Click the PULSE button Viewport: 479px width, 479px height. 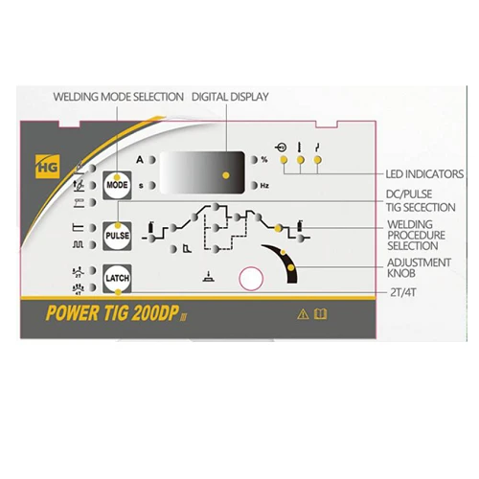pyautogui.click(x=117, y=236)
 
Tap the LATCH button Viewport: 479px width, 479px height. pyautogui.click(x=117, y=278)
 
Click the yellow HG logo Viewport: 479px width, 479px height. pyautogui.click(x=48, y=167)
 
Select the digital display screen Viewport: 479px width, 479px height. pyautogui.click(x=202, y=172)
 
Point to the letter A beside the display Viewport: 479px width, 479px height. pyautogui.click(x=140, y=160)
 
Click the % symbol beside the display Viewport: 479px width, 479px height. pyautogui.click(x=264, y=160)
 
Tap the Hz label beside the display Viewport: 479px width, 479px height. pyautogui.click(x=264, y=186)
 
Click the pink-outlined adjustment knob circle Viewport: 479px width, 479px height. pyautogui.click(x=251, y=279)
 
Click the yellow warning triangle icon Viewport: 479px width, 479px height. pyautogui.click(x=303, y=314)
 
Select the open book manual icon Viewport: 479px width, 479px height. pyautogui.click(x=320, y=314)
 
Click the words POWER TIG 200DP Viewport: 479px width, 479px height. pyautogui.click(x=112, y=313)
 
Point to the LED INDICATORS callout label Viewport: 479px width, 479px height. pyautogui.click(x=424, y=174)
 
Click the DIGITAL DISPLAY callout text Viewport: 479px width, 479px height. pyautogui.click(x=230, y=97)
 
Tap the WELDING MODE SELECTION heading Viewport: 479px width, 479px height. pyautogui.click(x=118, y=97)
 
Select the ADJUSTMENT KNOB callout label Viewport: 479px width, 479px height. pyautogui.click(x=419, y=267)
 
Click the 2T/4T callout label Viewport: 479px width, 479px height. pyautogui.click(x=403, y=292)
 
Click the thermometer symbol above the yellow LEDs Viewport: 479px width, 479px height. pyautogui.click(x=299, y=147)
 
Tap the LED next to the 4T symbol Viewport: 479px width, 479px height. pyautogui.click(x=92, y=287)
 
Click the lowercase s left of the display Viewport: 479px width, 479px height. pyautogui.click(x=141, y=186)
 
